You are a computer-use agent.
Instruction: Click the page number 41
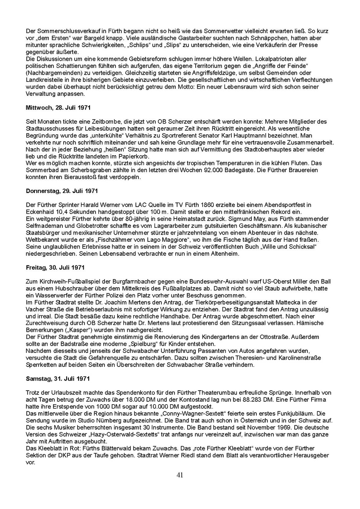coord(180,475)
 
